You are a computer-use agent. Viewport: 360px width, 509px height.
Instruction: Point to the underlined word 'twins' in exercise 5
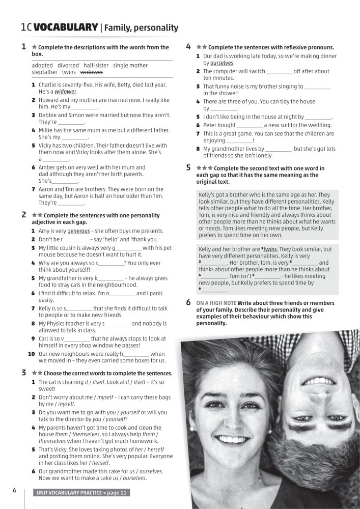coord(270,249)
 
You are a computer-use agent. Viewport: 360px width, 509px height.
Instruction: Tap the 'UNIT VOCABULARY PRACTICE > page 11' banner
coord(81,492)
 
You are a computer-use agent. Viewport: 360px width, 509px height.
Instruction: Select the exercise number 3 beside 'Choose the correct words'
coord(24,373)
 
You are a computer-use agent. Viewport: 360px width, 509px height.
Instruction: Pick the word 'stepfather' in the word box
coord(45,72)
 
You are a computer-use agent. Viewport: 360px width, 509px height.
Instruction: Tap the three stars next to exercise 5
coord(204,168)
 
